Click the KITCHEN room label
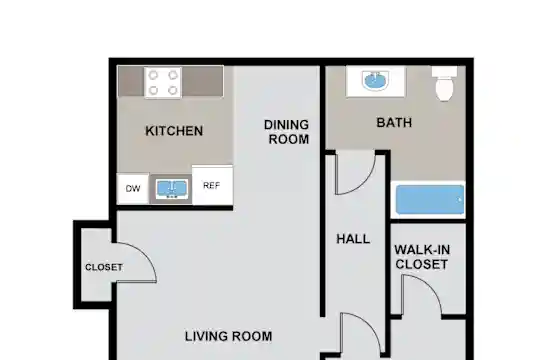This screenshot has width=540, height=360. click(174, 131)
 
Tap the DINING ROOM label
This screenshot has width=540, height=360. click(287, 132)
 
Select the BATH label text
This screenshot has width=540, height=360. click(394, 123)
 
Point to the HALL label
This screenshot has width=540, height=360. click(353, 239)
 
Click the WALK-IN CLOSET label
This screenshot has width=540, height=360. click(422, 257)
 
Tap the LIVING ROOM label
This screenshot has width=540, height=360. click(228, 336)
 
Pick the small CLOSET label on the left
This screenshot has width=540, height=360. click(104, 267)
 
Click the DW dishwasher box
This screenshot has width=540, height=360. click(133, 188)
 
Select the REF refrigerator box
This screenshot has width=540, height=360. click(212, 185)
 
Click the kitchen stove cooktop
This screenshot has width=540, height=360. click(163, 83)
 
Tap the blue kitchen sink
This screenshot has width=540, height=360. click(172, 188)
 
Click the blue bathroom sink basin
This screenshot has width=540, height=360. click(375, 81)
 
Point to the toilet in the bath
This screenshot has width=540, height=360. click(444, 84)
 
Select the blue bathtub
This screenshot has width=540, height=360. click(430, 200)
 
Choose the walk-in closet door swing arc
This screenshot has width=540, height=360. click(431, 286)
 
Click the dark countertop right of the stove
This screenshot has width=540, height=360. click(202, 81)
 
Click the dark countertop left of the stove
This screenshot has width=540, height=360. click(131, 81)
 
